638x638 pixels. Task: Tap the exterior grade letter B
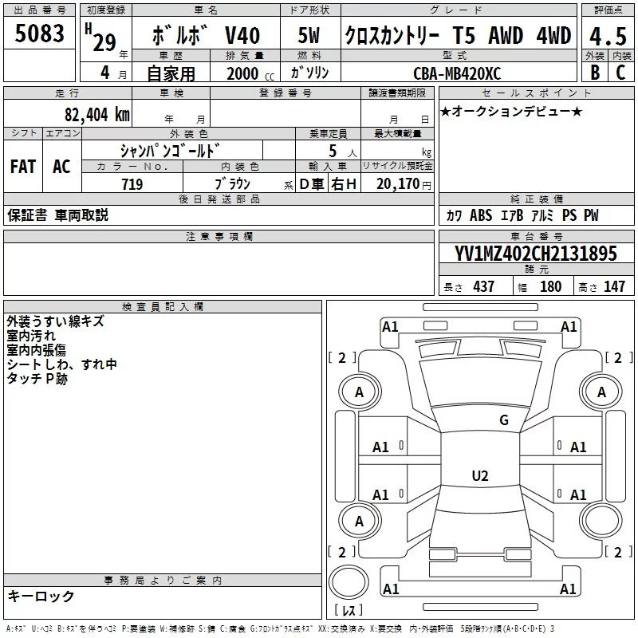(594, 72)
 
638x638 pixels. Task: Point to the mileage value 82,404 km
(96, 114)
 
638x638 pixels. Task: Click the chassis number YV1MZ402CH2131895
(535, 254)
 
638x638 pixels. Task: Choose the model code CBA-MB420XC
(457, 73)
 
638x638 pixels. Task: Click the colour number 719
(132, 184)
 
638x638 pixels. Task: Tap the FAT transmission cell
(23, 166)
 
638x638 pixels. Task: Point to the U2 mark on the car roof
(479, 476)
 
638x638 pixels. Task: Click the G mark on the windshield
(503, 420)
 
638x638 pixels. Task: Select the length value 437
(483, 286)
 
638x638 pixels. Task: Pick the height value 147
(614, 286)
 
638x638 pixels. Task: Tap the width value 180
(550, 286)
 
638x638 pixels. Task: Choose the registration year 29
(104, 41)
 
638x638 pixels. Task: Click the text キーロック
(41, 596)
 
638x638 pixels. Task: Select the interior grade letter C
(620, 72)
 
